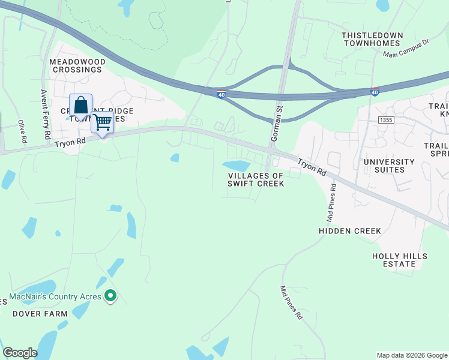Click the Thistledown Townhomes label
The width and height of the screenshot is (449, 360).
pos(371,39)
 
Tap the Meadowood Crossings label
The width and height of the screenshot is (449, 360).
pos(77,65)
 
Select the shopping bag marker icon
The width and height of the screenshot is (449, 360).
pos(80,106)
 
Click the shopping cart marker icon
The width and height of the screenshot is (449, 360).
pos(103,122)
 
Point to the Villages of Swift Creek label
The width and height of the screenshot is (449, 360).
pos(255,179)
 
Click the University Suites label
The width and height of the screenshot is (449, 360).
pos(389,166)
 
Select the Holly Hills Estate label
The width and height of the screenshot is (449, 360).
pos(400,260)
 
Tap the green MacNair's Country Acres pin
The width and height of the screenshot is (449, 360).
pos(110,296)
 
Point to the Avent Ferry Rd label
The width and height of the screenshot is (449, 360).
pos(44,115)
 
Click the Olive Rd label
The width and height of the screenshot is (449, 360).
pos(22,131)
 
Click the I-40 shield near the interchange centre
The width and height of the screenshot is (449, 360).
pos(221,94)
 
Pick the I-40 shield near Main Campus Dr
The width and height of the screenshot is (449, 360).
pos(375,92)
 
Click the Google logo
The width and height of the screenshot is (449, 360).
pos(20,353)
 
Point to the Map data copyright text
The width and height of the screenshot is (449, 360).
pos(412,355)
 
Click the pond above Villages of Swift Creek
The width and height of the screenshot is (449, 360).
pos(237,165)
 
